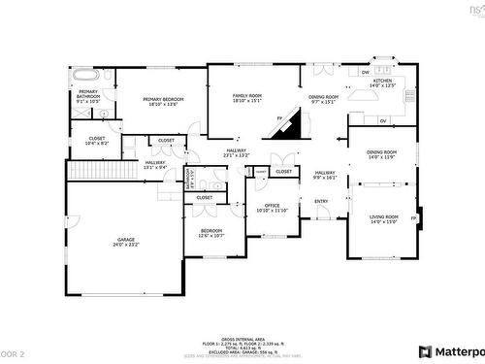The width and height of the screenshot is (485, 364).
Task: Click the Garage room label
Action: pos(126,242)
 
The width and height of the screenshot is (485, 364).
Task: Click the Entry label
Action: pos(321,202)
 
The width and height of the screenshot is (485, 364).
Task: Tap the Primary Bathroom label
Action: pos(89,96)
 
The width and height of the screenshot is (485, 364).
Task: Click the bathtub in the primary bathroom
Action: pos(84,74)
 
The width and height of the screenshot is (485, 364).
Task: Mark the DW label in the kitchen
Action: pos(365,72)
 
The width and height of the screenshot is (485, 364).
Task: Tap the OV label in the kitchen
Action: pos(383,120)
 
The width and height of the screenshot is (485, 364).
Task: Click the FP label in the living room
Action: pos(414,218)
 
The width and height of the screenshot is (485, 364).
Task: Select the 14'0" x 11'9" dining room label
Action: pos(382,154)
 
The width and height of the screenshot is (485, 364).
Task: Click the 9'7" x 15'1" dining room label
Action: pos(324,98)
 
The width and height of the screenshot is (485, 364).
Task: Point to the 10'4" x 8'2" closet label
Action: pos(97,141)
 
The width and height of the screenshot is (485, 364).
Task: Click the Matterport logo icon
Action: pos(425,351)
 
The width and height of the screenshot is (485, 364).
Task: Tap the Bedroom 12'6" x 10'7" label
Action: pos(212,233)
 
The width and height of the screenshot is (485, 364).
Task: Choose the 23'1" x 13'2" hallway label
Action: pos(237,152)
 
